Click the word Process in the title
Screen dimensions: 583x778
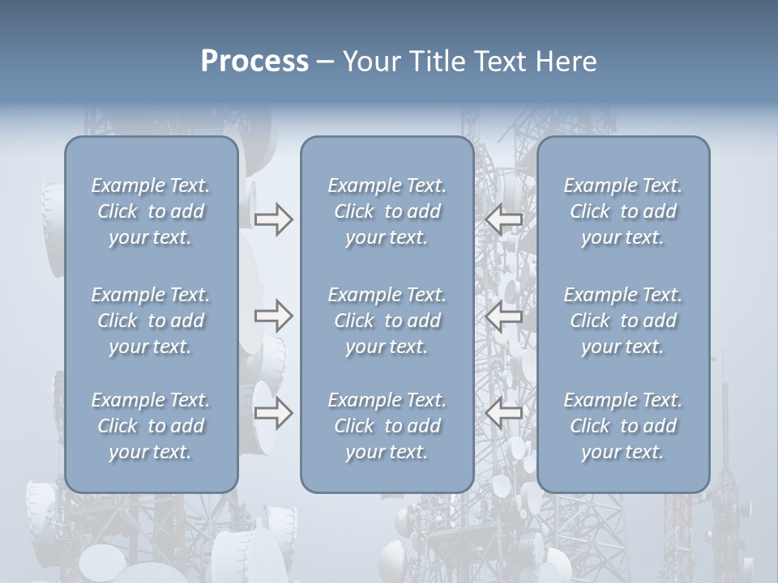pyautogui.click(x=254, y=62)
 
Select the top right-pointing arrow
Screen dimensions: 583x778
pyautogui.click(x=273, y=219)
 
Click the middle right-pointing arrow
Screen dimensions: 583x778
pyautogui.click(x=273, y=316)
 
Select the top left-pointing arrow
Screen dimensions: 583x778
pyautogui.click(x=505, y=219)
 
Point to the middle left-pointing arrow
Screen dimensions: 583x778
pyautogui.click(x=505, y=316)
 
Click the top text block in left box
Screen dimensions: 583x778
pyautogui.click(x=151, y=211)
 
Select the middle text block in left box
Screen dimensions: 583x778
pyautogui.click(x=151, y=321)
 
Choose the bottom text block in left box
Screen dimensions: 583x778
pyautogui.click(x=151, y=426)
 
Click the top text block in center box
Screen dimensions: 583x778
pyautogui.click(x=387, y=211)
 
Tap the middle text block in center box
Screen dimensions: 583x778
pyautogui.click(x=387, y=321)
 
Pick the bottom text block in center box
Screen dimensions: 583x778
pyautogui.click(x=387, y=426)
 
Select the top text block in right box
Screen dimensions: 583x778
pyautogui.click(x=623, y=211)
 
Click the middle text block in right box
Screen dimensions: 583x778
pyautogui.click(x=623, y=321)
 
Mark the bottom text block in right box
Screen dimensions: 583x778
pyautogui.click(x=623, y=426)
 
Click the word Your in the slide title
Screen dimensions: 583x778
pyautogui.click(x=369, y=62)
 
